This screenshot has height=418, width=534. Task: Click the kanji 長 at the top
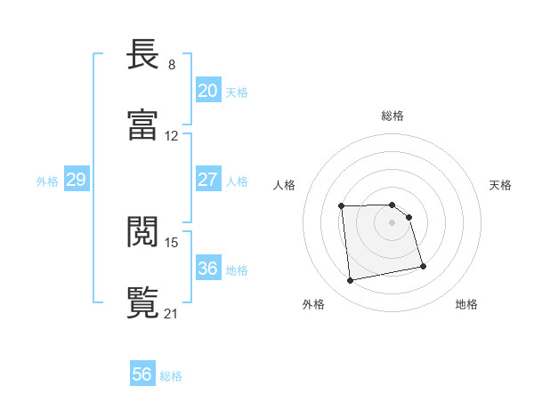[x=144, y=56]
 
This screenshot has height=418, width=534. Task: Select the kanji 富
[x=144, y=125]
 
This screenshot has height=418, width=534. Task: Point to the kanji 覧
[x=144, y=301]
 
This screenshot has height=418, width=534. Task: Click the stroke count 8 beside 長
[x=172, y=65]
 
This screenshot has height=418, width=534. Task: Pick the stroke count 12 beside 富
[x=172, y=135]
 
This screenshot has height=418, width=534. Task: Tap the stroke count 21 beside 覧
[x=172, y=312]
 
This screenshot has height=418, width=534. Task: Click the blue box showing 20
[x=207, y=91]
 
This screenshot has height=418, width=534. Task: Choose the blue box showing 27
[x=207, y=180]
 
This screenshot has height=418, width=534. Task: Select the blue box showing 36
[x=207, y=269]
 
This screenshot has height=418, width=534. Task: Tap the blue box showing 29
[x=76, y=181]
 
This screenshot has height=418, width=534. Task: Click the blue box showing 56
[x=142, y=374]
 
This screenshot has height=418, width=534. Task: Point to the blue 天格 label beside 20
[x=237, y=92]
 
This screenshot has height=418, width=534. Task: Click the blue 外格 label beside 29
[x=47, y=181]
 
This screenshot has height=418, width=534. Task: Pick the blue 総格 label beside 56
[x=172, y=376]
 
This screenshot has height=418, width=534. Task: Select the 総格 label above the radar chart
[x=392, y=116]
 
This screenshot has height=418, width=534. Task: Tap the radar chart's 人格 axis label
[x=285, y=185]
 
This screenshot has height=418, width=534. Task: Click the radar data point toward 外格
[x=351, y=281]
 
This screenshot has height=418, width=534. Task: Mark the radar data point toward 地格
[x=423, y=266]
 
